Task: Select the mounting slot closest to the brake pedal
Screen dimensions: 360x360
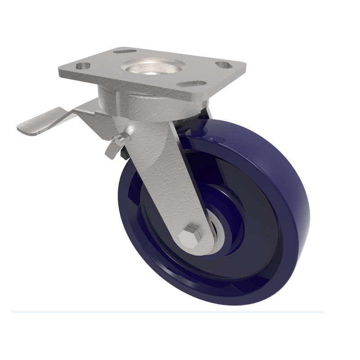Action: [82, 66]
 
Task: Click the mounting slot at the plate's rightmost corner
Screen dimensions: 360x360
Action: [223, 64]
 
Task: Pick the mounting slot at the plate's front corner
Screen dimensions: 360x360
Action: [191, 83]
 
